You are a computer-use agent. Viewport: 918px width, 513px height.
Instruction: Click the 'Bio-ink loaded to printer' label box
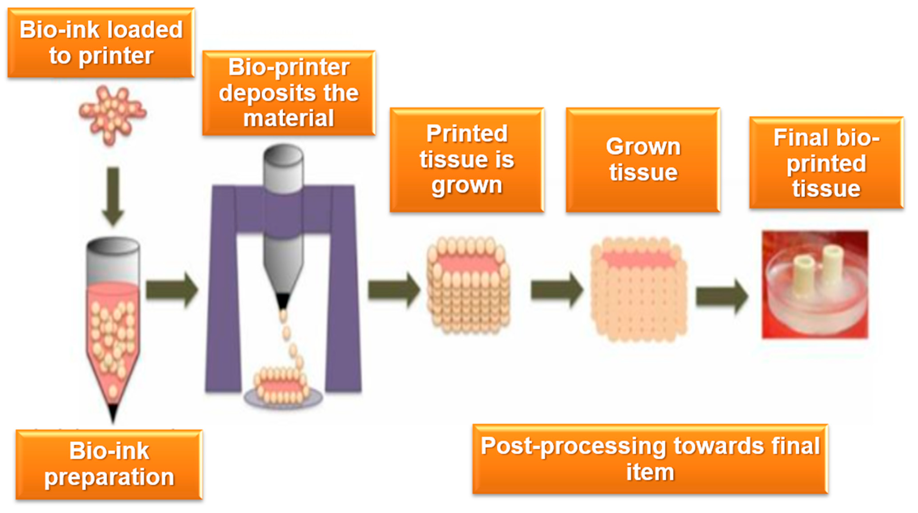pyautogui.click(x=101, y=43)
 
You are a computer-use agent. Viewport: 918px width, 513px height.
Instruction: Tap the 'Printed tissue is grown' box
pyautogui.click(x=467, y=160)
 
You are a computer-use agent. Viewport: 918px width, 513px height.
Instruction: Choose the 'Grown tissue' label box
pyautogui.click(x=643, y=160)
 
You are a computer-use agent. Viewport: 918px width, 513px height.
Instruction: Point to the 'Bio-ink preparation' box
pyautogui.click(x=109, y=464)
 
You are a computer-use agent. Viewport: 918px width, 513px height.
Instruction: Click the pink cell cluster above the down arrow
pyautogui.click(x=112, y=115)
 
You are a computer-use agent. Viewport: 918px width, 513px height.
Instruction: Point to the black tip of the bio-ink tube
pyautogui.click(x=113, y=413)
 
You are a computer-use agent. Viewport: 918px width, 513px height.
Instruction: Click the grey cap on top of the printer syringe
pyautogui.click(x=283, y=157)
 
